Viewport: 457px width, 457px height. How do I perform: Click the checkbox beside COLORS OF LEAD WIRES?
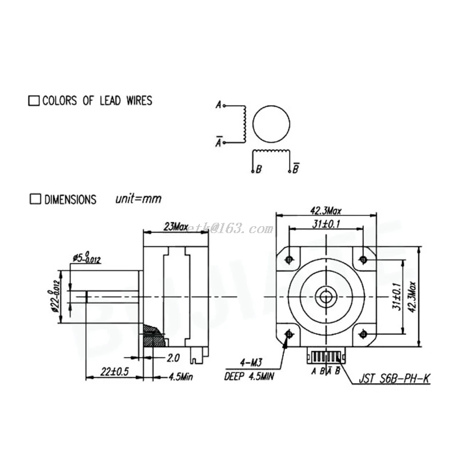pyautogui.click(x=34, y=101)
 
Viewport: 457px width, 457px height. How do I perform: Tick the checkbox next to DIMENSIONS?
pyautogui.click(x=35, y=199)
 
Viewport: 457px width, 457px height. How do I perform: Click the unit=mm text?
pyautogui.click(x=138, y=199)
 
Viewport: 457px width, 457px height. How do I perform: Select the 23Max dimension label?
pyautogui.click(x=176, y=227)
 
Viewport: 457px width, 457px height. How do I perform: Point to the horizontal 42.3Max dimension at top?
pyautogui.click(x=326, y=210)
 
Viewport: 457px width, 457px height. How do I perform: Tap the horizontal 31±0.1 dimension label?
pyautogui.click(x=327, y=224)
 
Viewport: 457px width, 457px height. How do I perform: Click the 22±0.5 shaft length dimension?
pyautogui.click(x=114, y=371)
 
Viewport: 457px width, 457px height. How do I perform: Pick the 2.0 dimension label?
pyautogui.click(x=173, y=358)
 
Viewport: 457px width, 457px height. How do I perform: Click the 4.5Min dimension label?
pyautogui.click(x=181, y=376)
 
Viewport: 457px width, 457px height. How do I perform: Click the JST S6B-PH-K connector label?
pyautogui.click(x=394, y=378)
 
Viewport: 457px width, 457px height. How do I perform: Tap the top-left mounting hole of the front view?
pyautogui.click(x=290, y=259)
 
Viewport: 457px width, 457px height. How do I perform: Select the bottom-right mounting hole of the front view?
pyautogui.click(x=362, y=332)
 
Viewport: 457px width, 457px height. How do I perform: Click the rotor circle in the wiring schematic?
pyautogui.click(x=271, y=123)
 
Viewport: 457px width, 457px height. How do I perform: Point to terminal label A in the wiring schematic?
pyautogui.click(x=218, y=105)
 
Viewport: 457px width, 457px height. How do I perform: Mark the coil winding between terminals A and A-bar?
pyautogui.click(x=244, y=123)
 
